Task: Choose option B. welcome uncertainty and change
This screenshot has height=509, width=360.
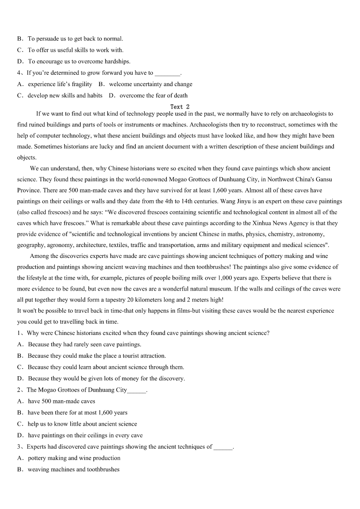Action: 145,84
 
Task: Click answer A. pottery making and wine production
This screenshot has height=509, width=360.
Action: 69,458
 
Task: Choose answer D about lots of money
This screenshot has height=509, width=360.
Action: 101,378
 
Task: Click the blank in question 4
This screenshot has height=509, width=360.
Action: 167,73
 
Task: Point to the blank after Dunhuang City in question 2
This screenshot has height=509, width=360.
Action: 137,391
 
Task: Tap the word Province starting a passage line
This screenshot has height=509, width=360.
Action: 29,190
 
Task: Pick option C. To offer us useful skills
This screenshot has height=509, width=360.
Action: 70,50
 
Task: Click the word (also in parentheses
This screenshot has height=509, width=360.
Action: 24,212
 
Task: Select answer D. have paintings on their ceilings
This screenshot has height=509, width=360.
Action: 80,436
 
